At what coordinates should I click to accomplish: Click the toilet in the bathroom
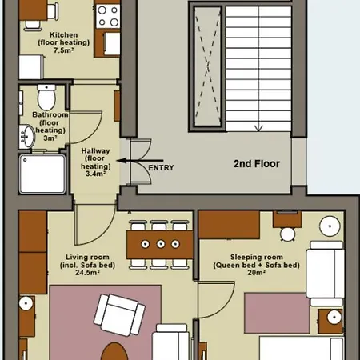coord(46,97)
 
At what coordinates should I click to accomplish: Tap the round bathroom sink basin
coord(27,137)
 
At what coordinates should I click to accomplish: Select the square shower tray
coord(42,174)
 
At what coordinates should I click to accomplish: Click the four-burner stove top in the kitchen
coord(108,17)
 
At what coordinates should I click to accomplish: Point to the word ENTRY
coord(161,168)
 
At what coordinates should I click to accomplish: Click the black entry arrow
coord(140,161)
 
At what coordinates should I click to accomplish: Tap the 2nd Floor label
coord(257,164)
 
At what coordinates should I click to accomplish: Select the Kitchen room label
coord(64,35)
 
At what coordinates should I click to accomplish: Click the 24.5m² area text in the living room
coord(87,273)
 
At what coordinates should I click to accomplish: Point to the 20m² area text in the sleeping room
coord(256,273)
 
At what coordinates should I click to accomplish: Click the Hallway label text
coord(95,151)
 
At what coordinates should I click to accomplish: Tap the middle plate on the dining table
coord(161,244)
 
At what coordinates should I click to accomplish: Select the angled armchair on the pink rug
coord(119,315)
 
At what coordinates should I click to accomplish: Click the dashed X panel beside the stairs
coord(208,66)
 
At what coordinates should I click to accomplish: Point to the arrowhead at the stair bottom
coord(258,128)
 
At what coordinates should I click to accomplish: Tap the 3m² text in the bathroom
coord(50,138)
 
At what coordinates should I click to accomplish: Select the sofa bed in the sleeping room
coord(325,274)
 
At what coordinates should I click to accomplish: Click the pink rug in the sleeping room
coord(277,313)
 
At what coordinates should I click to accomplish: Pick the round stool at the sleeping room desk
coord(287,234)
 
